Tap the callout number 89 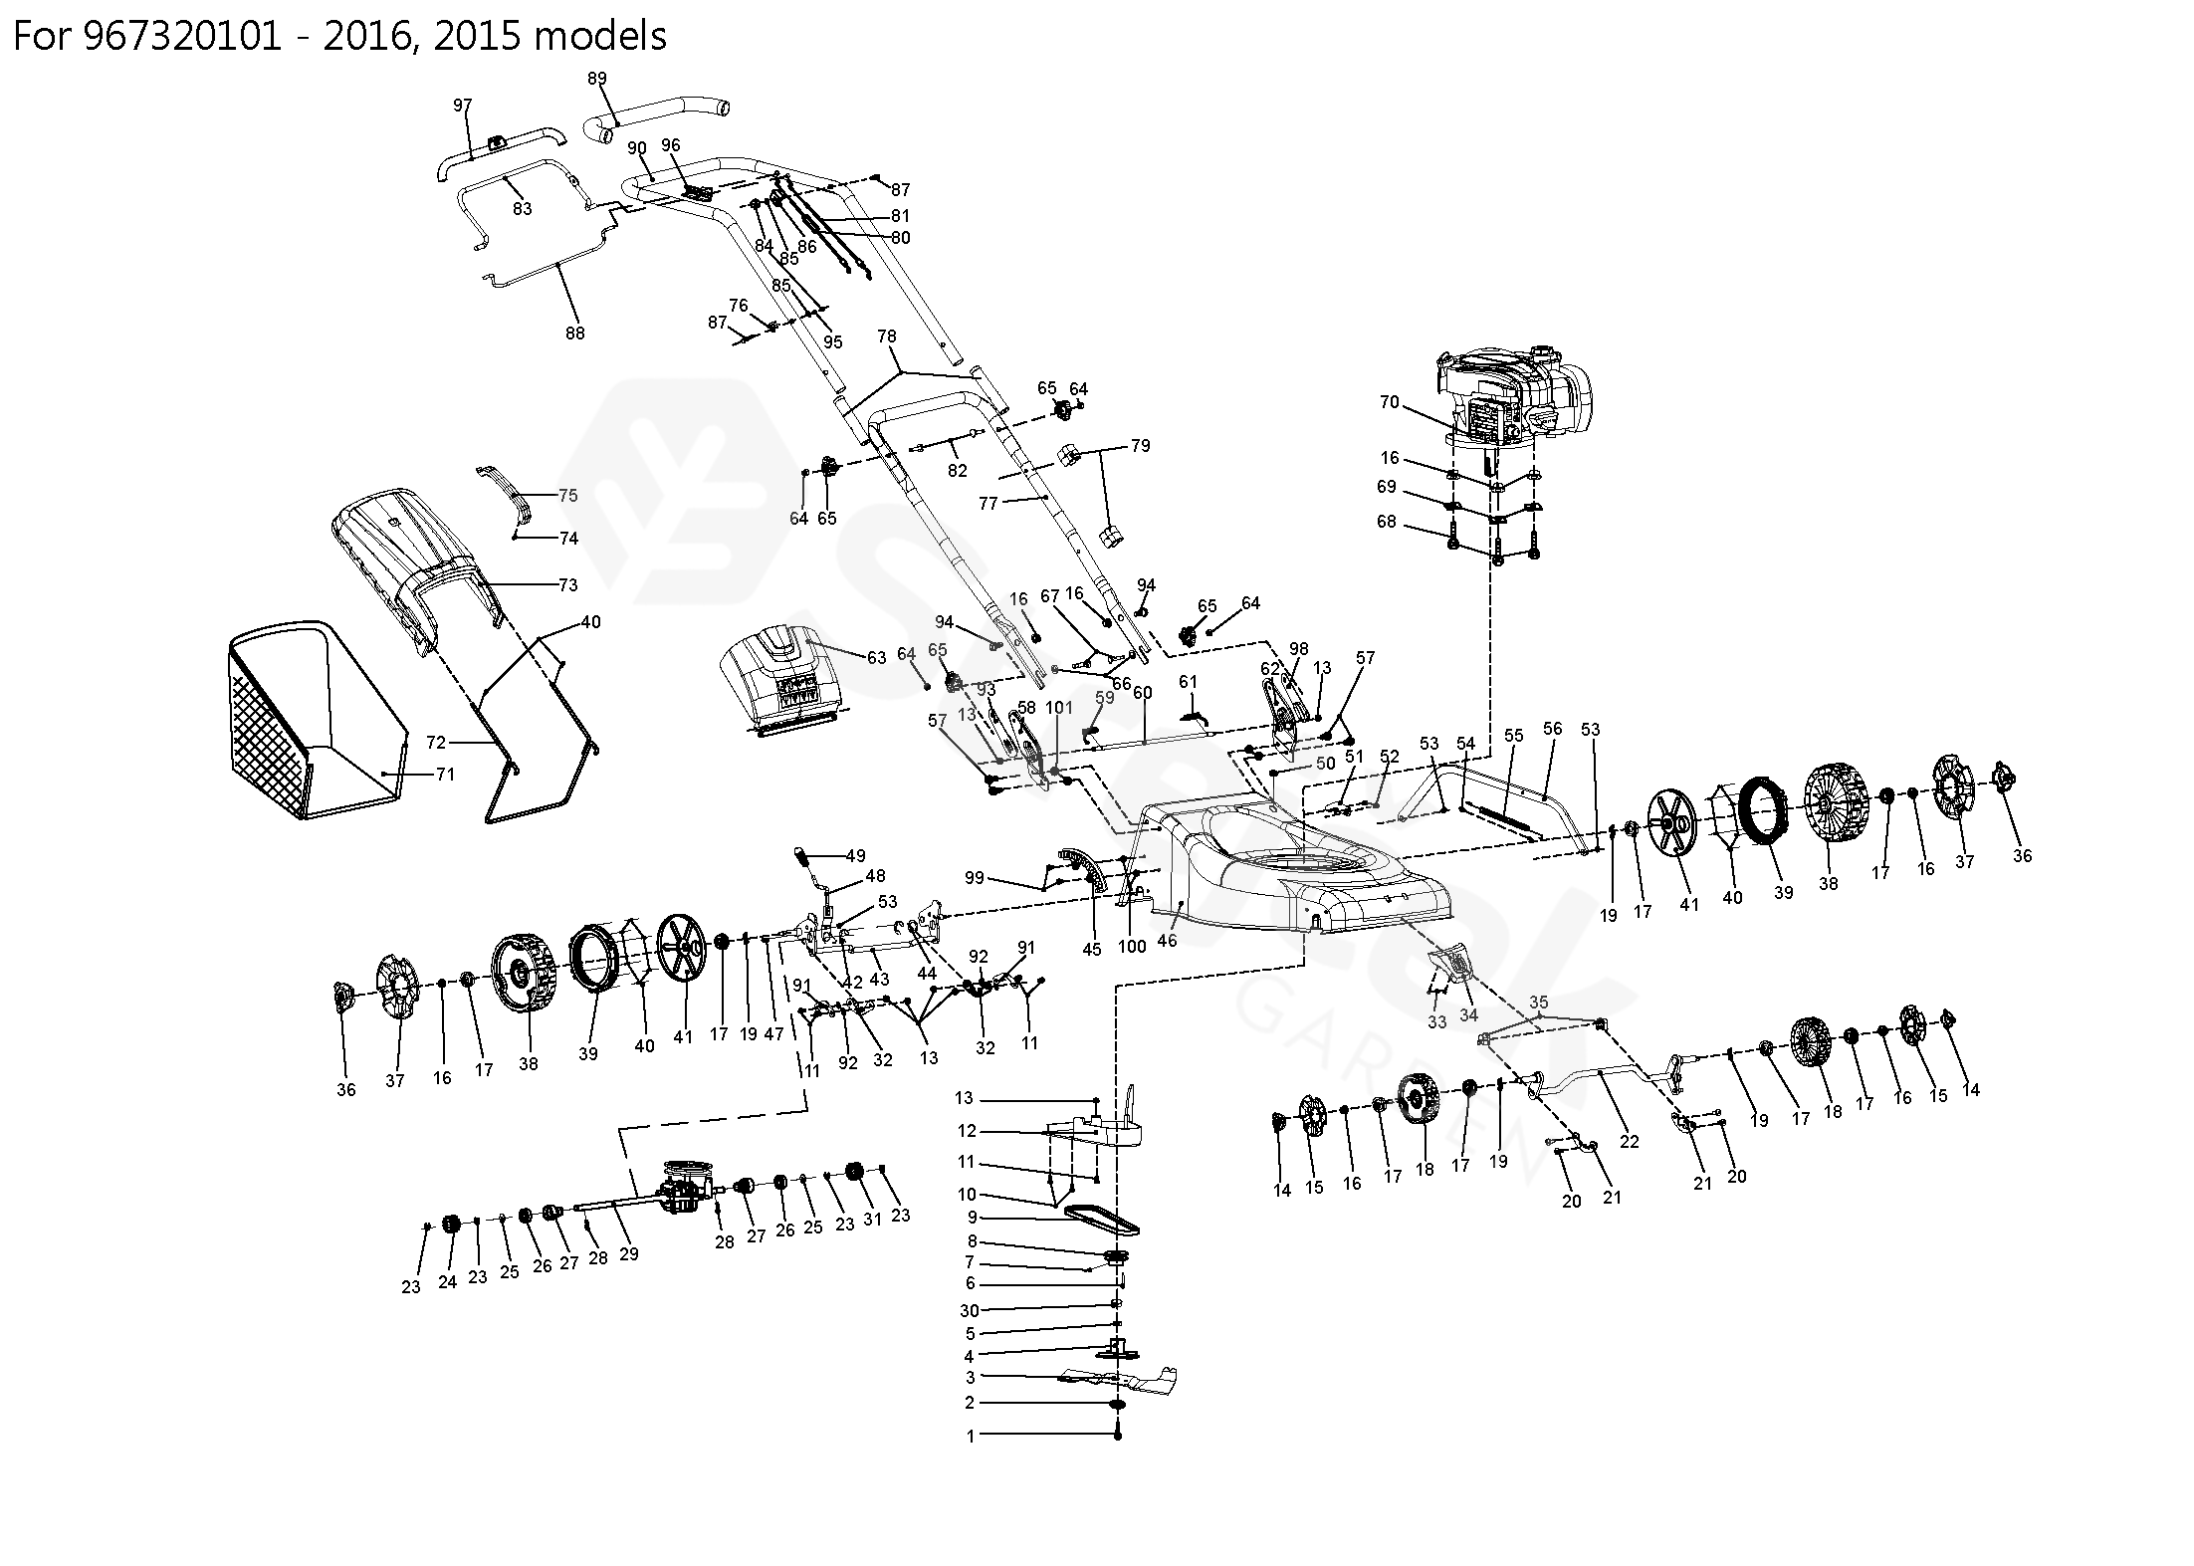pyautogui.click(x=597, y=79)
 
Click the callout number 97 pyautogui.click(x=463, y=105)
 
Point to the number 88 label pyautogui.click(x=575, y=334)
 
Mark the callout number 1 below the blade pyautogui.click(x=971, y=1437)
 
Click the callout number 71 pyautogui.click(x=445, y=774)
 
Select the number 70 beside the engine pyautogui.click(x=1390, y=402)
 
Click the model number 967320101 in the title pyautogui.click(x=178, y=37)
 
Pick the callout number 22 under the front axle pyautogui.click(x=1630, y=1142)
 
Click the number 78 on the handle pyautogui.click(x=887, y=336)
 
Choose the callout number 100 pyautogui.click(x=1132, y=947)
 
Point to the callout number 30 pyautogui.click(x=970, y=1311)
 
